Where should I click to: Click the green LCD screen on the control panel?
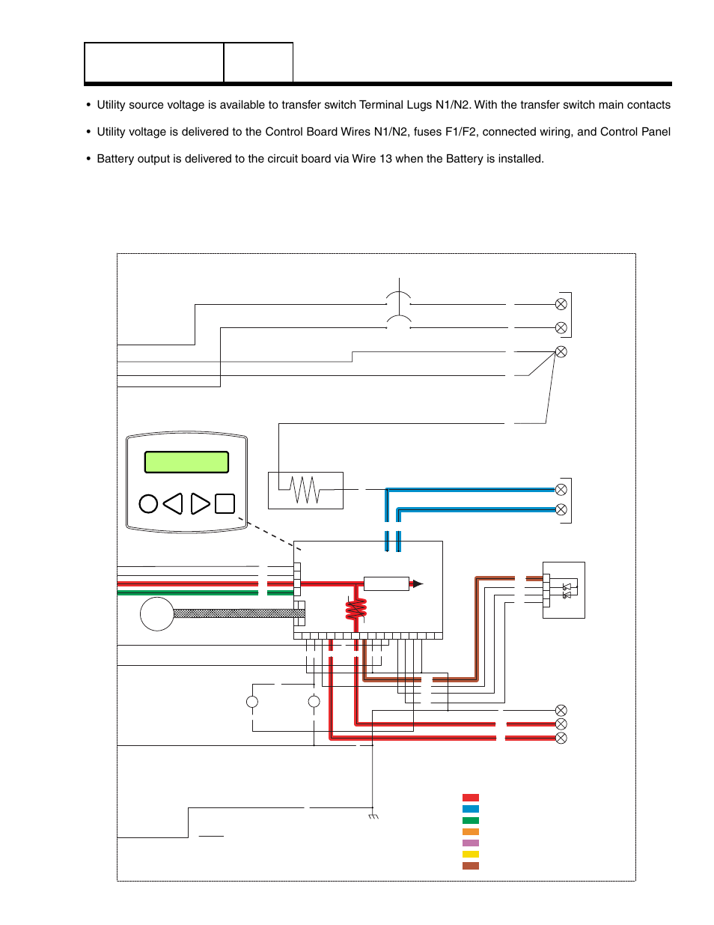click(186, 462)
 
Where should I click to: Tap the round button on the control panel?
click(148, 504)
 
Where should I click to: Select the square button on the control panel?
click(225, 504)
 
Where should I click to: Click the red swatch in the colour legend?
click(470, 798)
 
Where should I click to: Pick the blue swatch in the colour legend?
click(470, 809)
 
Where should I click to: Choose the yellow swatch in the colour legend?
click(470, 855)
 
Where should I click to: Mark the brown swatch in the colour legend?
click(470, 866)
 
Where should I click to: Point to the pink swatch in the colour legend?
click(470, 843)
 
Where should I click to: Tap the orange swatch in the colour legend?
click(470, 832)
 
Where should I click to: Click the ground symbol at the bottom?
click(373, 816)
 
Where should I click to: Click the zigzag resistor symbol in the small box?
click(305, 491)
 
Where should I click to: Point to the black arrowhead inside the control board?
click(418, 583)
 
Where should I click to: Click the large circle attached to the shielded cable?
click(156, 614)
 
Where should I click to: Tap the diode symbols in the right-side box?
click(567, 591)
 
